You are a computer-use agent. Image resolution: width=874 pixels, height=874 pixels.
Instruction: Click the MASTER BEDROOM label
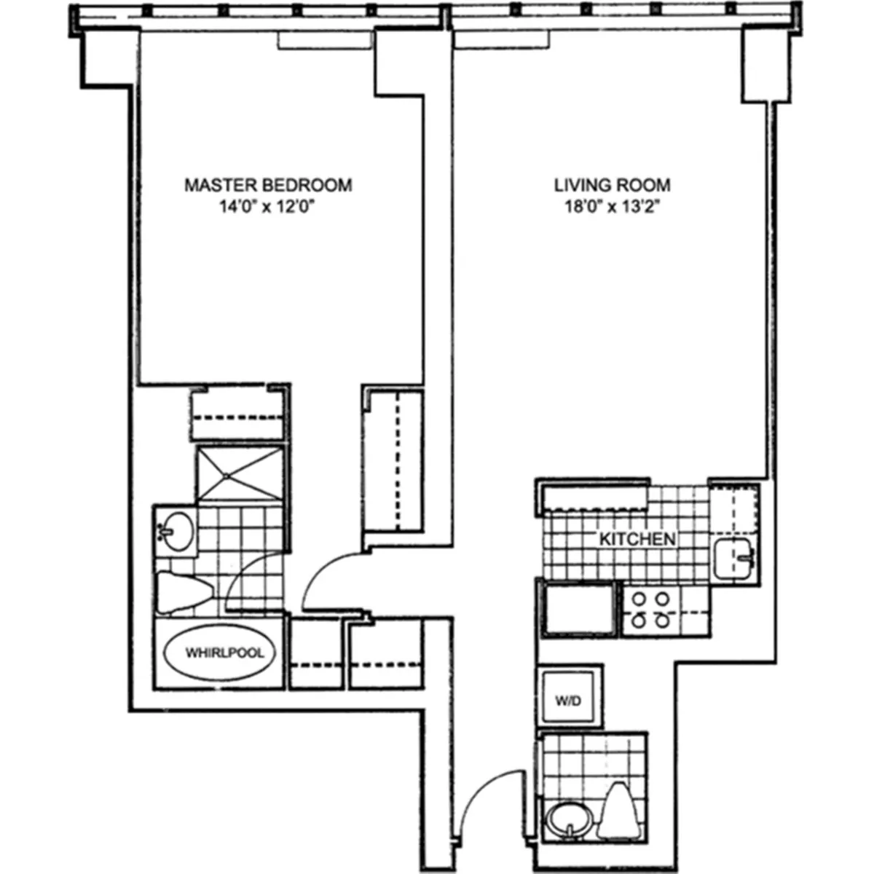pos(267,185)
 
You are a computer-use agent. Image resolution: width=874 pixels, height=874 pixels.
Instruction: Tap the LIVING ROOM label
pos(612,185)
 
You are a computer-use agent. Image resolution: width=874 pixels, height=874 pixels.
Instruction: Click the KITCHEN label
pos(637,540)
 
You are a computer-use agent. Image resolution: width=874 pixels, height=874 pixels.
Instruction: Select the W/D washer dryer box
pos(570,701)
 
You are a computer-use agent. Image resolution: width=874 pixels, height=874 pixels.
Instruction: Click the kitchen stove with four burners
pos(650,610)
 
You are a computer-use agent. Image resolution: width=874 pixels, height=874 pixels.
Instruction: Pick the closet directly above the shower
pos(237,415)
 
